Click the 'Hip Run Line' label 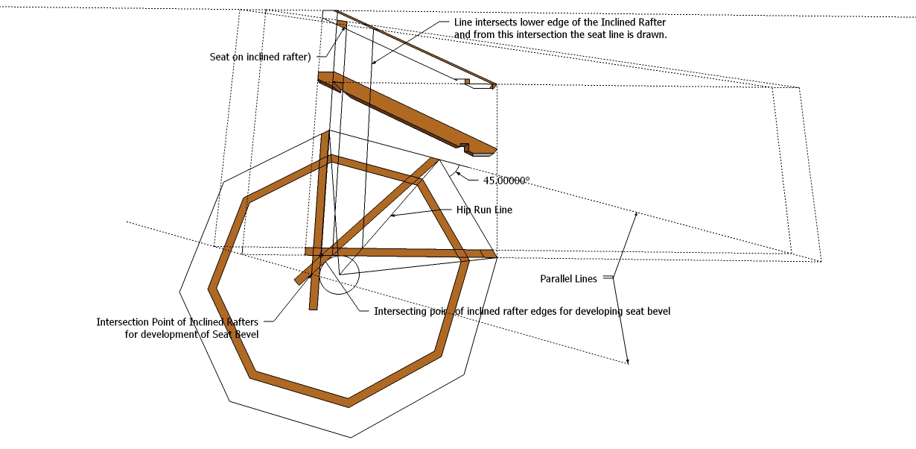484,210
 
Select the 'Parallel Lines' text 568,279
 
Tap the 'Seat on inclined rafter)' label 259,57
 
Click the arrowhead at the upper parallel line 636,215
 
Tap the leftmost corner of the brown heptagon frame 212,286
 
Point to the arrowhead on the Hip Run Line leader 392,216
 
